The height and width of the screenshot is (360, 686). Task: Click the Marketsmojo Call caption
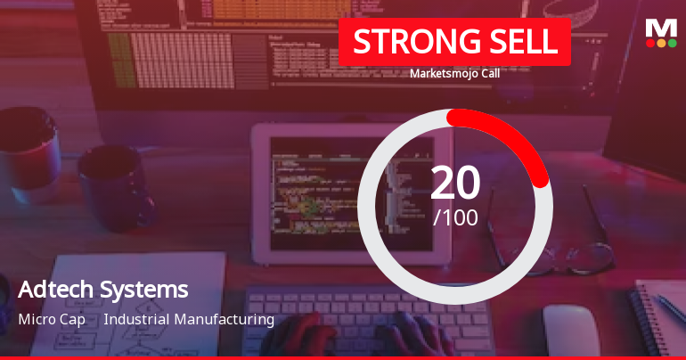(x=454, y=74)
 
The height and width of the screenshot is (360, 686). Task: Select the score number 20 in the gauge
(x=455, y=183)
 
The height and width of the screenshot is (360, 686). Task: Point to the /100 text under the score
(x=455, y=217)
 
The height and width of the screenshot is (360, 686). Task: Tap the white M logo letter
(x=660, y=27)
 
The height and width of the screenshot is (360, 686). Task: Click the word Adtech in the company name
(x=56, y=290)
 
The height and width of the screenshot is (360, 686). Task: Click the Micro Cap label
(x=52, y=319)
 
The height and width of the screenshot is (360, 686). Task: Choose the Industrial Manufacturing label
(x=189, y=319)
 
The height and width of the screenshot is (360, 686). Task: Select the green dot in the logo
(x=672, y=43)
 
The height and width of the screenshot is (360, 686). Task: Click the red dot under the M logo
(x=649, y=43)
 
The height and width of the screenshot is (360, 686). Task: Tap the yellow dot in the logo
(x=661, y=43)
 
